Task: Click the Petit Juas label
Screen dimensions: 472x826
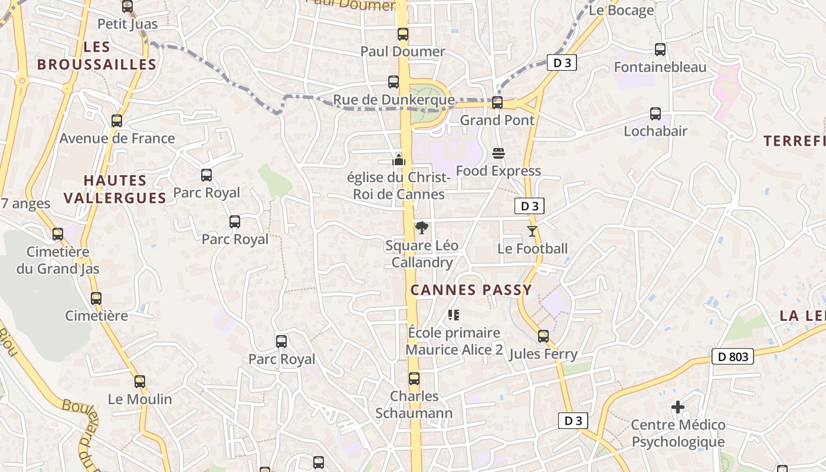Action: [x=127, y=24]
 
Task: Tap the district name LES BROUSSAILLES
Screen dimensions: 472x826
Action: [x=97, y=56]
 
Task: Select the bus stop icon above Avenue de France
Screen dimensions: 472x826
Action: [x=117, y=121]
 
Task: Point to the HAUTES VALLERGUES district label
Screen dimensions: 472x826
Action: [x=115, y=189]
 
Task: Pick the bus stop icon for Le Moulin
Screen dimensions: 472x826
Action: [x=139, y=382]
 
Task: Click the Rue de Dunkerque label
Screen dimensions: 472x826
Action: [x=394, y=100]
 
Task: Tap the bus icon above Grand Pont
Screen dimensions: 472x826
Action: [x=497, y=103]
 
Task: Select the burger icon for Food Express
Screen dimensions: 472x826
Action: [x=498, y=154]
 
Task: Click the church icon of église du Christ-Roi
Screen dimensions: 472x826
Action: [x=399, y=159]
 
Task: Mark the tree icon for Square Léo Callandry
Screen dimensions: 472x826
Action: [x=421, y=228]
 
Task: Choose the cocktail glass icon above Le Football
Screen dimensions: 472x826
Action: [x=532, y=231]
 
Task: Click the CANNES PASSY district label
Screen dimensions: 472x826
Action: [x=471, y=290]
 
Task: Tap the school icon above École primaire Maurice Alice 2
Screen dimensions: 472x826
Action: [x=453, y=315]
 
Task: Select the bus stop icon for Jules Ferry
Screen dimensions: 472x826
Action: [x=543, y=336]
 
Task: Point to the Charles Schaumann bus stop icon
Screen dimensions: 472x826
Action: [x=414, y=379]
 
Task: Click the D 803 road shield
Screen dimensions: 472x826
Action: [x=733, y=356]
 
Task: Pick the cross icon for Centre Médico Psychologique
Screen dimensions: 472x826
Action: [x=678, y=407]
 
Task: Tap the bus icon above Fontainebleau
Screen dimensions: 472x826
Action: [x=660, y=50]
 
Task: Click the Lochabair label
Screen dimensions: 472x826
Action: [x=655, y=131]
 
